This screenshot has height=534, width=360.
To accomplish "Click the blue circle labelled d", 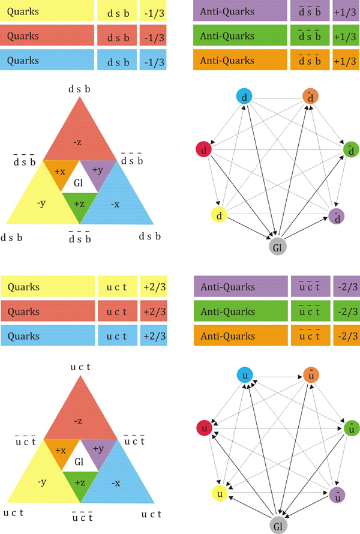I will (245, 97).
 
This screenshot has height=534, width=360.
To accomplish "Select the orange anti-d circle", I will (310, 96).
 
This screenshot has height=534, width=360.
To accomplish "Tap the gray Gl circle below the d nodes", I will (277, 247).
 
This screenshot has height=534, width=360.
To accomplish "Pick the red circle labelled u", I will (205, 428).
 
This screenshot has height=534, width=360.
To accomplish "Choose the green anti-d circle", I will (350, 149).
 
